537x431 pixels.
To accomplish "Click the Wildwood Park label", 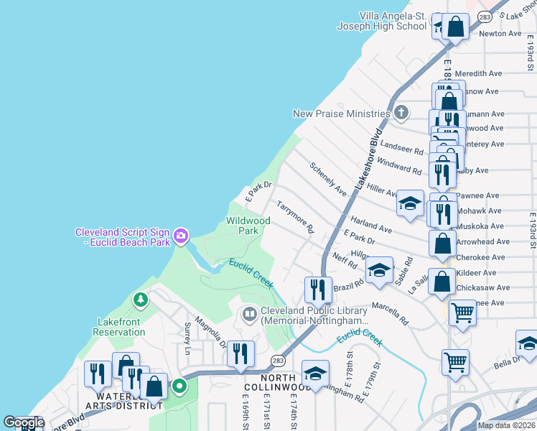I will tap(248, 226).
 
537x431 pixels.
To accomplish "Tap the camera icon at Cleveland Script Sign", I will tap(181, 235).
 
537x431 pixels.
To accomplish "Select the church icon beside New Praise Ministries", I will tap(401, 112).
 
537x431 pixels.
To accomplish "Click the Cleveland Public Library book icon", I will tap(248, 313).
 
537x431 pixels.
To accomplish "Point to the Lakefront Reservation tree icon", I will tap(140, 300).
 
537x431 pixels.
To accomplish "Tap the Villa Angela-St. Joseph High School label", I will tap(382, 21).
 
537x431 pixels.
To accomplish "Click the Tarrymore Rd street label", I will tap(296, 217).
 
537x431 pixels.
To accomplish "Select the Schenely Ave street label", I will tap(328, 179).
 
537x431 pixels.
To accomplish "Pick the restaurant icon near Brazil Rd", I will tap(317, 289).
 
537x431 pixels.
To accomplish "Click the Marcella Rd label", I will tap(390, 313).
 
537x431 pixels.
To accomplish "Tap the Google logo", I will tap(24, 422).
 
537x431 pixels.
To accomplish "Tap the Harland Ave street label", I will tap(370, 223).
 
